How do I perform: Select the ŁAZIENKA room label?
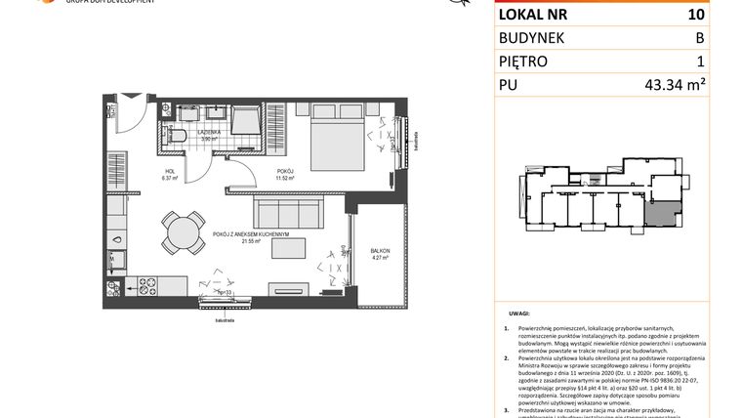208,132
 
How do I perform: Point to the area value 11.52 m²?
284,178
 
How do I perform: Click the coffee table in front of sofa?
289,248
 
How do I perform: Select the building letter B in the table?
698,37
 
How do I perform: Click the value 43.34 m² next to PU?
675,85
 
